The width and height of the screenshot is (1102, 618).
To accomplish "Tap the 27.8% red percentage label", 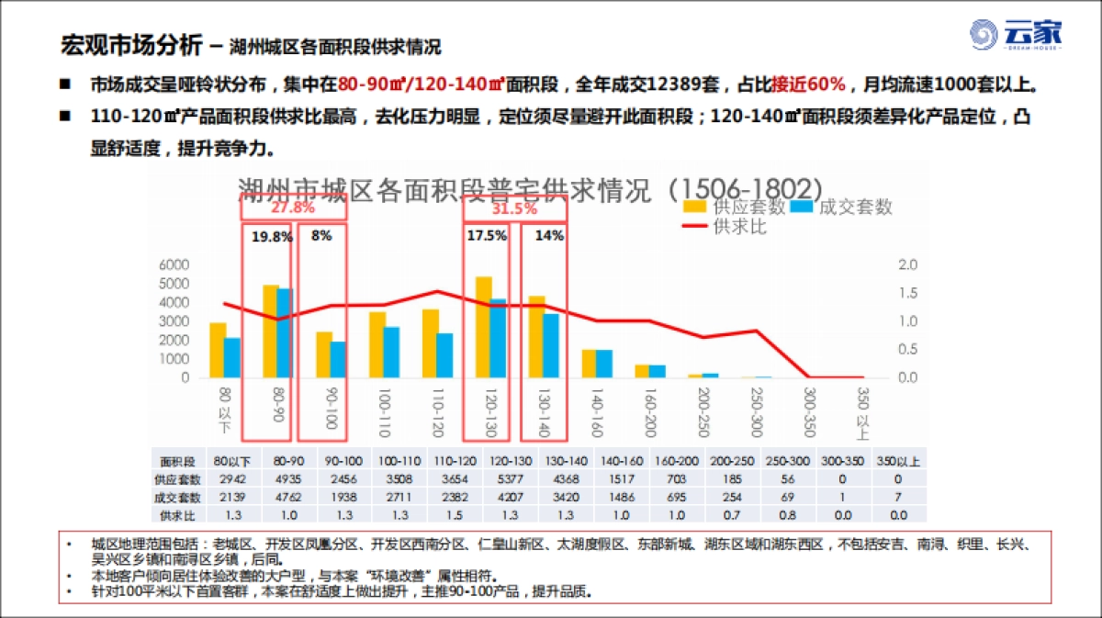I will [x=293, y=208].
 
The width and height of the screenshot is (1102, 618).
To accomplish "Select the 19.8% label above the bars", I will [x=271, y=236].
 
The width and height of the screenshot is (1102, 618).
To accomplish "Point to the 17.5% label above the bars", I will [x=487, y=235].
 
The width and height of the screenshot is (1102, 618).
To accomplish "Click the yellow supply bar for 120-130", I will [x=483, y=327].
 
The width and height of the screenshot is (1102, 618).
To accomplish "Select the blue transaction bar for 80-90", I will [x=284, y=332].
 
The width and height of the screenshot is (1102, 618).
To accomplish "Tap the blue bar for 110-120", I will [x=444, y=354].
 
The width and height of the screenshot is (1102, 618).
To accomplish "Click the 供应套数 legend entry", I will [x=735, y=208].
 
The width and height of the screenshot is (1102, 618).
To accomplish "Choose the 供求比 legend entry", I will [x=725, y=226].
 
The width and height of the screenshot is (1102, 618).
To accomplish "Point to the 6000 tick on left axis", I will [x=174, y=265].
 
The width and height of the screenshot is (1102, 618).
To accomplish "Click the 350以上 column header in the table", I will [x=896, y=461].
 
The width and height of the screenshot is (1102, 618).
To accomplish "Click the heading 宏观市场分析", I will [x=130, y=43].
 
